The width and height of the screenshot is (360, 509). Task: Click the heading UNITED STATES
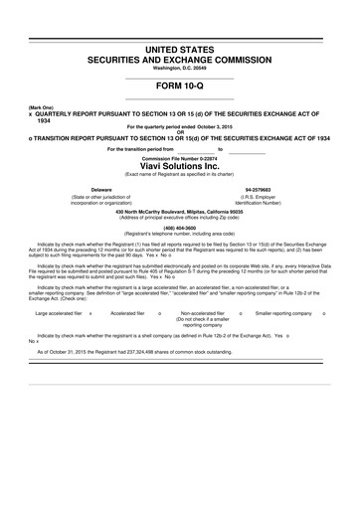pos(180,49)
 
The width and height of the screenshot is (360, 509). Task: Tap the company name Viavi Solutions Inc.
pos(180,166)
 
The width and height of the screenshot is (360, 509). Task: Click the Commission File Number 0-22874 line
pos(180,157)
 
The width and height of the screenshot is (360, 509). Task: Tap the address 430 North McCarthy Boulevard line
pos(180,211)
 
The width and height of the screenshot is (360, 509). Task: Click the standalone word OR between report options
pos(180,131)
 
